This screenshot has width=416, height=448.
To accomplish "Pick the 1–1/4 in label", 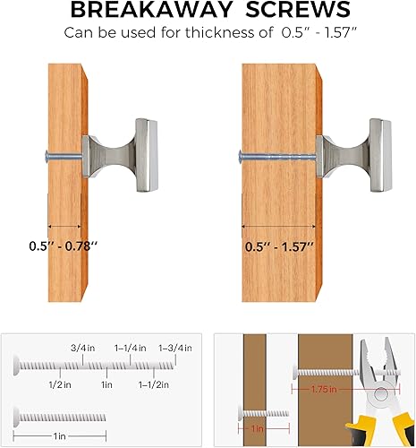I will [129, 347].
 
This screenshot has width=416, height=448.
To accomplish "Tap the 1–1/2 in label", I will [153, 383].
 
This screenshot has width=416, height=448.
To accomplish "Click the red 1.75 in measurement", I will [315, 391].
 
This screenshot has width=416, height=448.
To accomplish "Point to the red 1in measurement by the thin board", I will [256, 430].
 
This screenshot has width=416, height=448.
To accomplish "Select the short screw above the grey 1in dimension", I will [59, 414].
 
